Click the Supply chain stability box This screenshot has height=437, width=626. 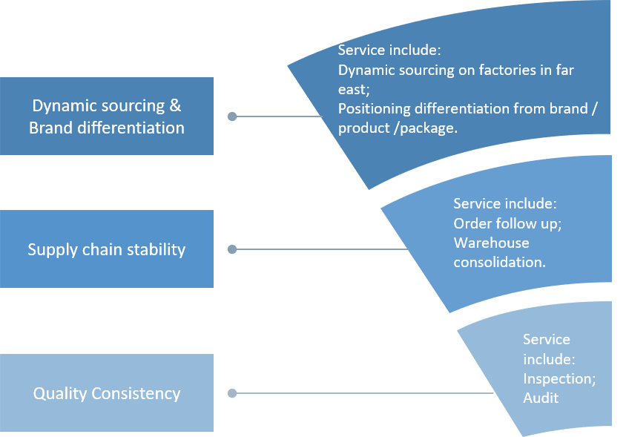pos(106,249)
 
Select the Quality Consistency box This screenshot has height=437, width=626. pos(106,393)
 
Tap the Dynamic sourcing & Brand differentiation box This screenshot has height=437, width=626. pos(106,116)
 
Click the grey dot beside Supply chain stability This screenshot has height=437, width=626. pos(232,249)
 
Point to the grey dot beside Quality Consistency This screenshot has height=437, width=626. pos(232,393)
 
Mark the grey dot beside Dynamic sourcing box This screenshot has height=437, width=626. pos(232,116)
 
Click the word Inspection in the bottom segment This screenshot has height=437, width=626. pos(557,378)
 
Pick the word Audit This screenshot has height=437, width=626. pos(541,398)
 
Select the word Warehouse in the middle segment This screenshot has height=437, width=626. pos(491,243)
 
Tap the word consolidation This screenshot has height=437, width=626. pos(499,262)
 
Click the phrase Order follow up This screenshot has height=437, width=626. pos(501,223)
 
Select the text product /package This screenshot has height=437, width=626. pos(398,128)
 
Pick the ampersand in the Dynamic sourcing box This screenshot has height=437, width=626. pos(174,105)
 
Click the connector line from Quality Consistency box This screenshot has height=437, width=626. pos(363,393)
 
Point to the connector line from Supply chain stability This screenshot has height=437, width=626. pos(319,249)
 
